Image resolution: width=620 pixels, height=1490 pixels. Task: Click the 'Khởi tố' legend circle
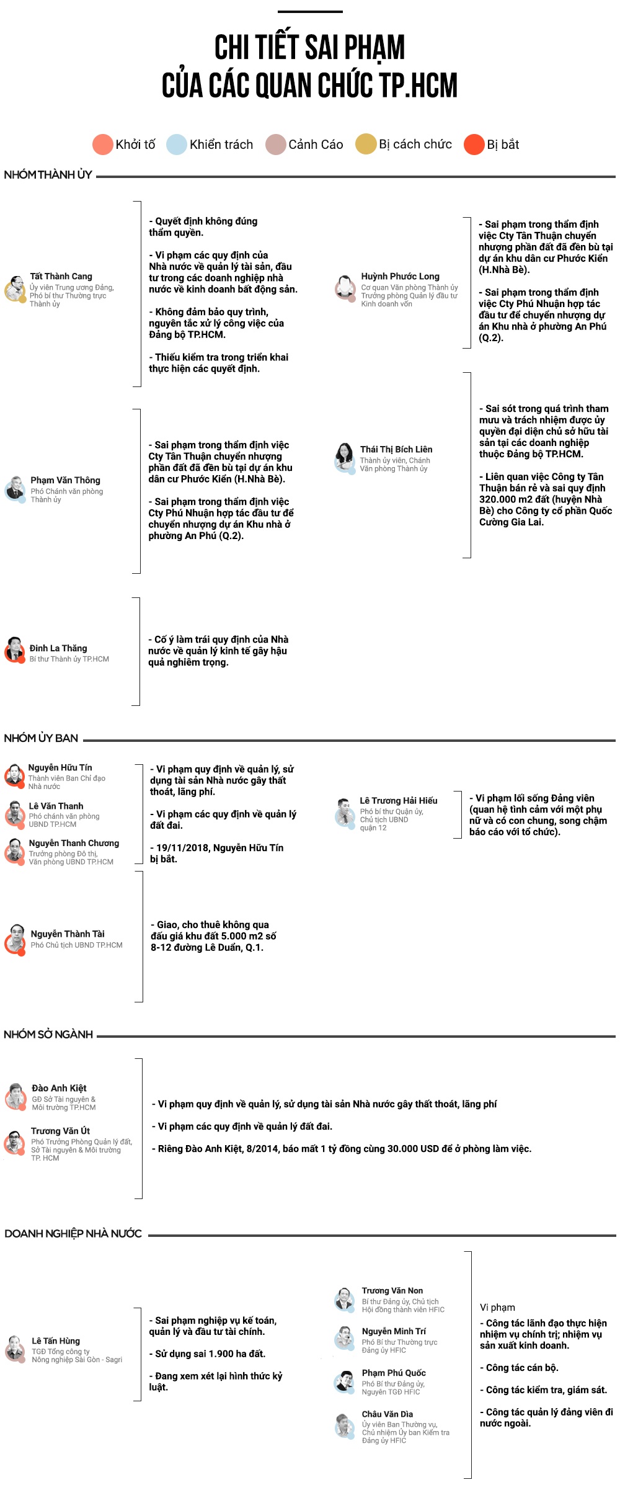(x=102, y=145)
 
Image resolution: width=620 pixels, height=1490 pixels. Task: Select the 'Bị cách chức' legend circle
(x=366, y=145)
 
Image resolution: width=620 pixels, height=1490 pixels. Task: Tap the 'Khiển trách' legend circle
(x=177, y=145)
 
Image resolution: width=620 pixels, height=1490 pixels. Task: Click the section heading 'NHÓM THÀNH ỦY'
(x=48, y=175)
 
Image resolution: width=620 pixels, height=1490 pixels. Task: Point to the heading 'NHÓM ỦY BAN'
(x=41, y=738)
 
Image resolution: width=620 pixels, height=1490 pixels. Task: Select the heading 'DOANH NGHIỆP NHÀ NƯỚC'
(x=73, y=1234)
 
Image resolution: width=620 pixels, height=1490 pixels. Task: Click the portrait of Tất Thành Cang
(x=15, y=289)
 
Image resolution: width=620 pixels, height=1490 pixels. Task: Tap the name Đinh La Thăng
(x=58, y=648)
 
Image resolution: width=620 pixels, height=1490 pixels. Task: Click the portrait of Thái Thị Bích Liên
(x=344, y=457)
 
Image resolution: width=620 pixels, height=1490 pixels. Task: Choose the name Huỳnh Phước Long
(x=400, y=277)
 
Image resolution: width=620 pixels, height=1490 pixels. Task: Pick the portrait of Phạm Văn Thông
(x=14, y=489)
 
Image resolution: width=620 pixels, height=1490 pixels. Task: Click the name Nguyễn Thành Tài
(x=68, y=934)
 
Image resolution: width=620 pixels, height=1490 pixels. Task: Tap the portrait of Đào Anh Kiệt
(x=15, y=1097)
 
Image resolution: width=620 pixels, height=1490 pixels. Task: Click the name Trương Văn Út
(x=60, y=1131)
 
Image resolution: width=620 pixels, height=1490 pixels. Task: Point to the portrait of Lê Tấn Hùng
(x=15, y=1349)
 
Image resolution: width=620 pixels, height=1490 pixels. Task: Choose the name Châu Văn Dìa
(x=387, y=1414)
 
